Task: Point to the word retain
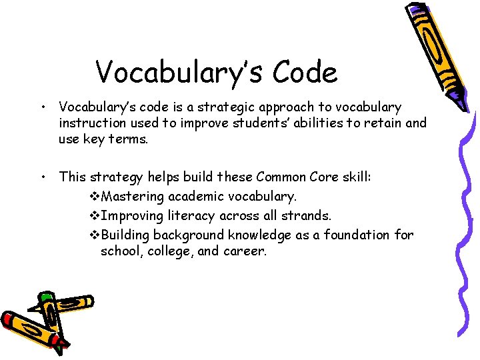point(381,123)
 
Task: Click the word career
point(242,251)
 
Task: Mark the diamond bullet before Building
point(93,235)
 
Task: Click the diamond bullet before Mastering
point(93,197)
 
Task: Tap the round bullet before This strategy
point(43,177)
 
